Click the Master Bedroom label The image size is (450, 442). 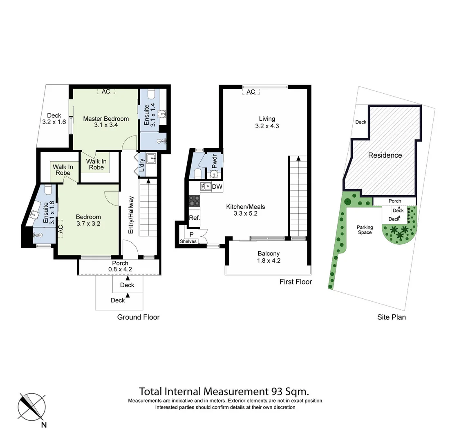point(106,122)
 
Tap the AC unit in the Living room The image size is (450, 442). point(251,92)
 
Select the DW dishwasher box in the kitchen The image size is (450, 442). point(217,187)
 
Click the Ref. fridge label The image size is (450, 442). point(194,218)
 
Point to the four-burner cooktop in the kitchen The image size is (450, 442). point(194,201)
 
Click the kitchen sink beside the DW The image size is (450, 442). point(205,187)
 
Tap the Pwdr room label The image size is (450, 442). point(215,161)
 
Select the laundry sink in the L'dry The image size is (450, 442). point(152,158)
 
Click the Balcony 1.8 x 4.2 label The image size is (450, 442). point(269,257)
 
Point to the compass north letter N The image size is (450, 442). point(44,425)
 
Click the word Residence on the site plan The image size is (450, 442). point(385,155)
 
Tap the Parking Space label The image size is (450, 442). point(365,230)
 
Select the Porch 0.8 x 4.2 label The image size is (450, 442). point(120,266)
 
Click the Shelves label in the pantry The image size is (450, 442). point(188,241)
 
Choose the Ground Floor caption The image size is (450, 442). point(138,317)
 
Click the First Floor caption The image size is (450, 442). point(296,282)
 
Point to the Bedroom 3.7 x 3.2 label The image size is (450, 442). point(88,220)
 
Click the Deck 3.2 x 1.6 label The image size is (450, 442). point(54,119)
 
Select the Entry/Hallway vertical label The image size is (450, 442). point(131,215)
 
